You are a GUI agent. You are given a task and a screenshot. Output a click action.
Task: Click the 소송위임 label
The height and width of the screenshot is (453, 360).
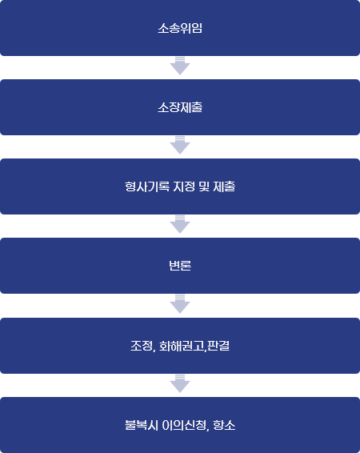(180, 28)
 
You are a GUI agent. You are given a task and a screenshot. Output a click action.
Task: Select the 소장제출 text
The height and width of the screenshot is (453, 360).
(180, 107)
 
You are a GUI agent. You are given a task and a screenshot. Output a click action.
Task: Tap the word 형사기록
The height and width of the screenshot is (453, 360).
(147, 186)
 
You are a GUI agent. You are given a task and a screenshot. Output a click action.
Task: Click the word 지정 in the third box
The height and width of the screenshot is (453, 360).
(184, 186)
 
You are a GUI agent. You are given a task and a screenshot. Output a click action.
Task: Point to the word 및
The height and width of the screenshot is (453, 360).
(204, 186)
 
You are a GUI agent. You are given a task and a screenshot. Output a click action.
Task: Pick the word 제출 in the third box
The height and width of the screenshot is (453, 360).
(224, 186)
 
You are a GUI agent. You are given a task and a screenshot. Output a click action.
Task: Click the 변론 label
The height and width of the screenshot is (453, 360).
(180, 266)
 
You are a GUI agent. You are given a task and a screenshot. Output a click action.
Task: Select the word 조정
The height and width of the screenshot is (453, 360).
(141, 346)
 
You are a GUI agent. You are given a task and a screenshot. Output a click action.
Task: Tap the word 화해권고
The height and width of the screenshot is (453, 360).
(182, 346)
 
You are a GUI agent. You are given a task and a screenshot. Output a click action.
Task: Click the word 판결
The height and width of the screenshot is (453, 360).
(218, 346)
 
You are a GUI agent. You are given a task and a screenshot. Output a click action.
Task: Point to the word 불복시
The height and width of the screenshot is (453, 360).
(142, 425)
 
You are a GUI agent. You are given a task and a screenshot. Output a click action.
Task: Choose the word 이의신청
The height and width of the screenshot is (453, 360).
(184, 425)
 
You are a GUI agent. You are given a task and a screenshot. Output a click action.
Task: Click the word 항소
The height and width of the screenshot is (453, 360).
(224, 425)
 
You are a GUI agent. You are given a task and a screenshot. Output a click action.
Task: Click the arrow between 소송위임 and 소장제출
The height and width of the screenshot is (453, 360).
(180, 66)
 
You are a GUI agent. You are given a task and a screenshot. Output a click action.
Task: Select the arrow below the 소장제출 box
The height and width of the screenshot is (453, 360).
(180, 145)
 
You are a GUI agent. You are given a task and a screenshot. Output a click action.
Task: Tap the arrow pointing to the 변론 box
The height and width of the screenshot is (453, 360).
(180, 224)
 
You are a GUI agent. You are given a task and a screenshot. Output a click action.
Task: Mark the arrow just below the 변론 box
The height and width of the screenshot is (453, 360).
(180, 304)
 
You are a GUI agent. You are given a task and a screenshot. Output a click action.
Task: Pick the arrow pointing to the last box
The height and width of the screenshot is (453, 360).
(180, 383)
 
